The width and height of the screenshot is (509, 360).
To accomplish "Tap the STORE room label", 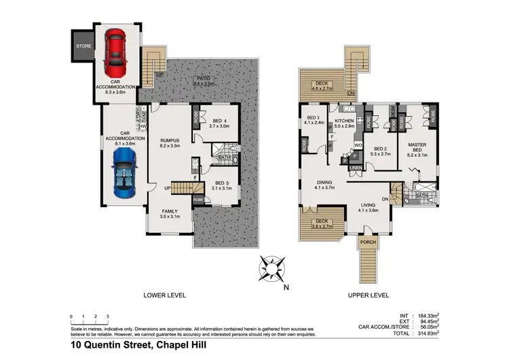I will pyautogui.click(x=83, y=47).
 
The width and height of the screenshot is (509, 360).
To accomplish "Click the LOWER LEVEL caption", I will pyautogui.click(x=164, y=295).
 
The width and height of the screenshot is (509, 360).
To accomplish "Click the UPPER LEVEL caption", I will pyautogui.click(x=368, y=295).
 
